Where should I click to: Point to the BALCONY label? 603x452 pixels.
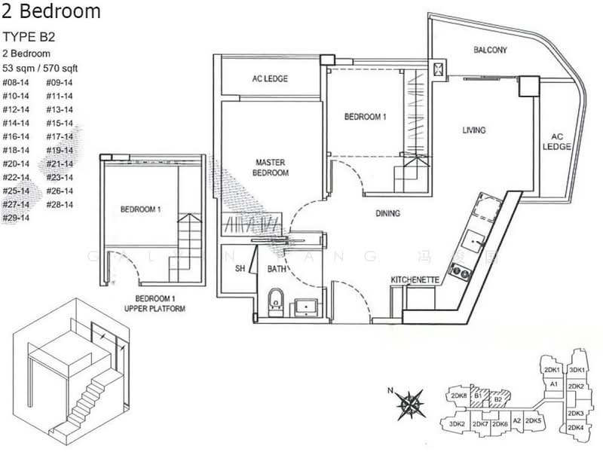(490, 50)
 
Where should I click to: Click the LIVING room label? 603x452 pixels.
(474, 130)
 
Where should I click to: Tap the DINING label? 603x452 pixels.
(387, 214)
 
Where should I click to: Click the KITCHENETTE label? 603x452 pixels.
(415, 280)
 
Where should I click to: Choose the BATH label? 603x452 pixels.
(276, 267)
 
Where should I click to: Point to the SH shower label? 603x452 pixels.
(241, 268)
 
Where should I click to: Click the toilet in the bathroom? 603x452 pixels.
(277, 301)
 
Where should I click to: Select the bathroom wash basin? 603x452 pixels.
(307, 306)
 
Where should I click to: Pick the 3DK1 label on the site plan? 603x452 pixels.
(578, 371)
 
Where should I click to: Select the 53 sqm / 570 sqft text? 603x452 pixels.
(39, 68)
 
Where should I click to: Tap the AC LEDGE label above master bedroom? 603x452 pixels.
(269, 79)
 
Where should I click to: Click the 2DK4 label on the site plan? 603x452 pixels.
(575, 428)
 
